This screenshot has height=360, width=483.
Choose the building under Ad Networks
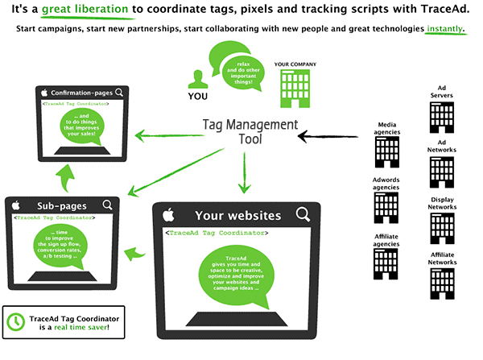click(x=442, y=172)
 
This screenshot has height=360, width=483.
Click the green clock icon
click(x=15, y=320)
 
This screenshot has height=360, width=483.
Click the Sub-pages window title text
click(x=56, y=205)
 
